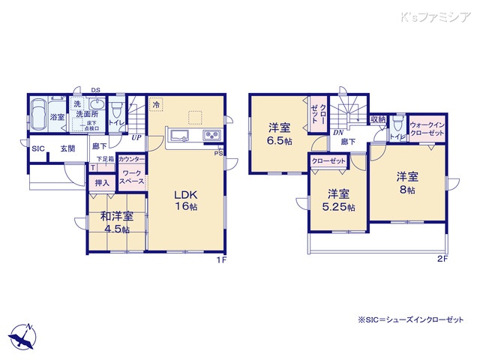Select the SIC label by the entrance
pos(37,148)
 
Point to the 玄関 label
pos(67,148)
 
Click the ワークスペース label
pos(133,178)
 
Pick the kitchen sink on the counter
pos(180,135)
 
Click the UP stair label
pos(136,137)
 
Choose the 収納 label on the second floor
pos(377,119)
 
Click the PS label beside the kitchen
pos(219,154)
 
